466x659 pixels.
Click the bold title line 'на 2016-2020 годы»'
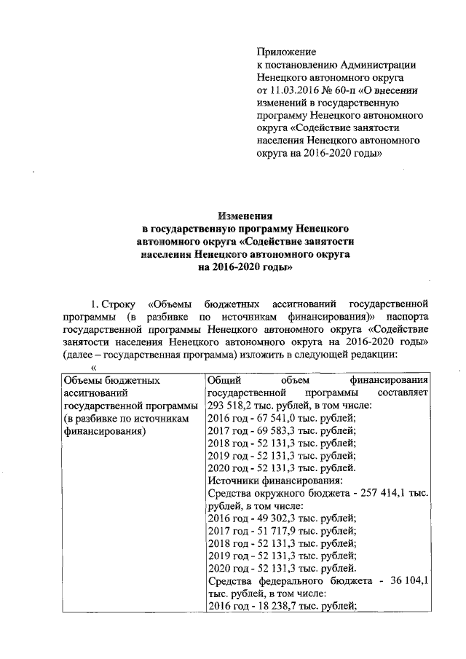coord(247,267)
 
